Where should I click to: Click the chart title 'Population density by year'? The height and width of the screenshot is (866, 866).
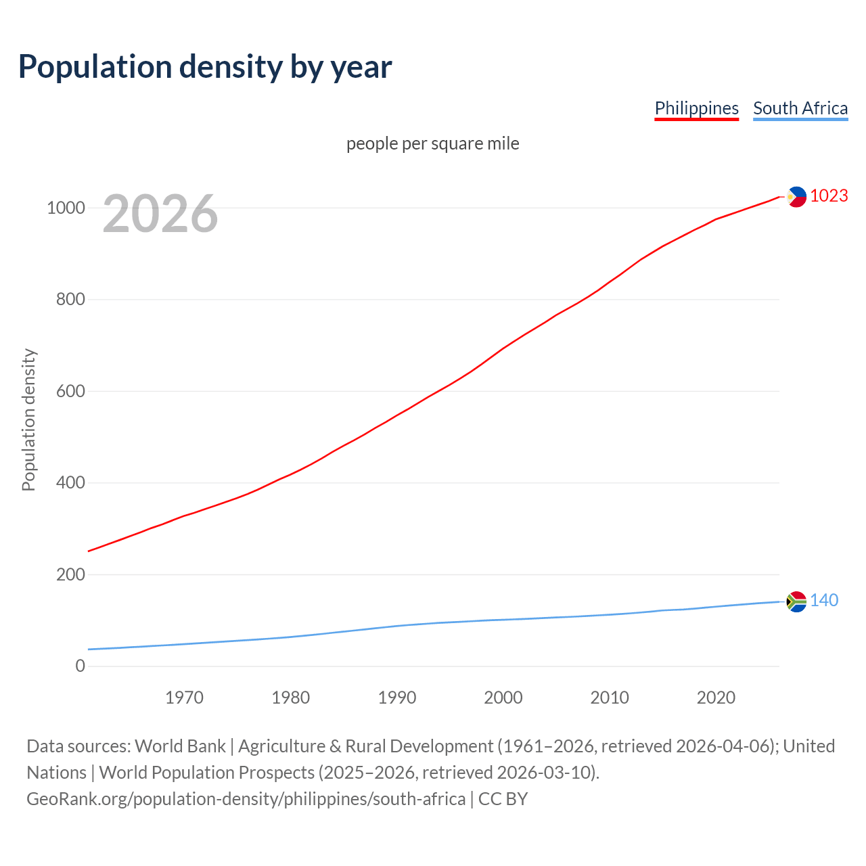point(205,66)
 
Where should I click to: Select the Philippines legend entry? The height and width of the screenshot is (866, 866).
point(696,108)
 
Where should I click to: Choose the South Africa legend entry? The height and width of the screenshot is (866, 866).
point(800,108)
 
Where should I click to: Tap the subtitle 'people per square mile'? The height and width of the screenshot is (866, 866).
point(432,143)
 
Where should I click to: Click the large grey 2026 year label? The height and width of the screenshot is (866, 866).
point(160,214)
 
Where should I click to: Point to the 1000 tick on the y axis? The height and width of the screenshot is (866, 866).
point(66,208)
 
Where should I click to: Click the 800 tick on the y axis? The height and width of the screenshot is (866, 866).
point(70,299)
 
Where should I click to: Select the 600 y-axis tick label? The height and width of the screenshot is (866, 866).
point(70,391)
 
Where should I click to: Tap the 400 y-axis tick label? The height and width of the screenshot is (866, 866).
point(70,482)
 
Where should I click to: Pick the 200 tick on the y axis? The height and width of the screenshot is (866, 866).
point(70,574)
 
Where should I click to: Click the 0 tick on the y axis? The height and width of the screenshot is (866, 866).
point(81,666)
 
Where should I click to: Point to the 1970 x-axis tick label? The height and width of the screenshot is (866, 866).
point(184,698)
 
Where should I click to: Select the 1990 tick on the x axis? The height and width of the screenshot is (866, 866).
point(397,698)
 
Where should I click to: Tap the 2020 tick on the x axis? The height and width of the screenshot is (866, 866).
point(716,698)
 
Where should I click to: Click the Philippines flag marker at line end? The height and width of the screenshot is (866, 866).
point(796,196)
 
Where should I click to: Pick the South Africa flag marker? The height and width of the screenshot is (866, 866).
point(796,601)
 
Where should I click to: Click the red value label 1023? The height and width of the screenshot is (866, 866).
point(829,196)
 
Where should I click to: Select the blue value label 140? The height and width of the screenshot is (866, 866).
point(824,600)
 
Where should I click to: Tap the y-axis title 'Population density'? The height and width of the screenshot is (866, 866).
point(28,419)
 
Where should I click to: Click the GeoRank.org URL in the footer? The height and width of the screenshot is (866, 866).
point(246,799)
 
